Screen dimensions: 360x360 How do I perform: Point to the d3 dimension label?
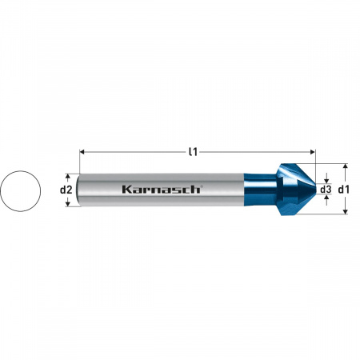[x=326, y=190]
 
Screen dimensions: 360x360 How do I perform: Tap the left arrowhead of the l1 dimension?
[x=83, y=150]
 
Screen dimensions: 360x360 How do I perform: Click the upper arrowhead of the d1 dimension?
[x=346, y=166]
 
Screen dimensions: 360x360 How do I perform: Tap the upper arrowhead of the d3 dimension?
[x=326, y=181]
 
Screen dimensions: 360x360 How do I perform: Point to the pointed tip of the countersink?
[x=314, y=190]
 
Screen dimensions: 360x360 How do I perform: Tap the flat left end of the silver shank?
[x=82, y=190]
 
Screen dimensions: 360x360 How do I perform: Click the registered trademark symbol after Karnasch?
[x=202, y=186]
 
